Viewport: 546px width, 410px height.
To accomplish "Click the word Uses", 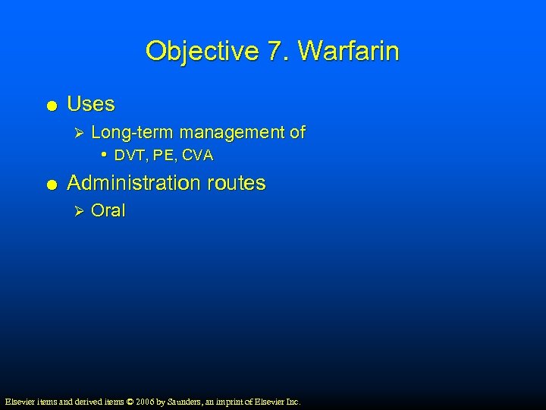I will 91,103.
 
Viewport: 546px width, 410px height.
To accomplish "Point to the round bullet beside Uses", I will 49,105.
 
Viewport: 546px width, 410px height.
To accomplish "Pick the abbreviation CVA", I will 198,156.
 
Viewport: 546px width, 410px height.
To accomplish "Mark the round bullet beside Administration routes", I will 49,184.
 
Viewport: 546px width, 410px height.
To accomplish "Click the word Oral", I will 108,211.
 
